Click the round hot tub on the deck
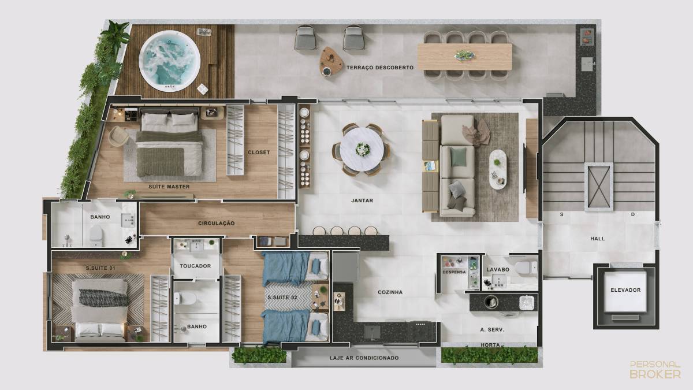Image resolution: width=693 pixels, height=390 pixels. point(170,61)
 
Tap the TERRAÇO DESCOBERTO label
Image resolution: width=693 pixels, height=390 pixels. point(380,68)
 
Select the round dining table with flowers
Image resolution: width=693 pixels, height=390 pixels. point(362,150)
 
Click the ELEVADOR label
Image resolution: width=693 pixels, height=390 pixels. point(625,290)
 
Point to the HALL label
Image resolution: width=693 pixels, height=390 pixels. point(597,239)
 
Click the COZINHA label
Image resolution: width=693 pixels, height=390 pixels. point(390,292)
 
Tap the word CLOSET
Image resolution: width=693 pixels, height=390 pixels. point(259,153)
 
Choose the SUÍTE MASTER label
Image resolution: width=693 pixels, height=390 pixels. point(169,187)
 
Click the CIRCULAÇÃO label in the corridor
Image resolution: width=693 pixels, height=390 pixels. point(216,223)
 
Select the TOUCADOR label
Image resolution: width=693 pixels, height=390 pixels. point(195,266)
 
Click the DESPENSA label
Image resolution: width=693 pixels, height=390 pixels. point(454,272)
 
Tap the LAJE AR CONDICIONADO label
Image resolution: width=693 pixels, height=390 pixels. point(364,358)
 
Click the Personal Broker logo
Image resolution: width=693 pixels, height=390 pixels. point(655,369)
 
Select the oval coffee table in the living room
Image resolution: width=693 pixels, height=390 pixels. point(498,169)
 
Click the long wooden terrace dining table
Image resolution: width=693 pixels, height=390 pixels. point(465,57)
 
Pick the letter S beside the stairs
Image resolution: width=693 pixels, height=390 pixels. point(561,214)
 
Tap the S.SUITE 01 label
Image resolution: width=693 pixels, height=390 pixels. point(100,268)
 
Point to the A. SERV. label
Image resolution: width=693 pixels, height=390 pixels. point(492,330)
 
